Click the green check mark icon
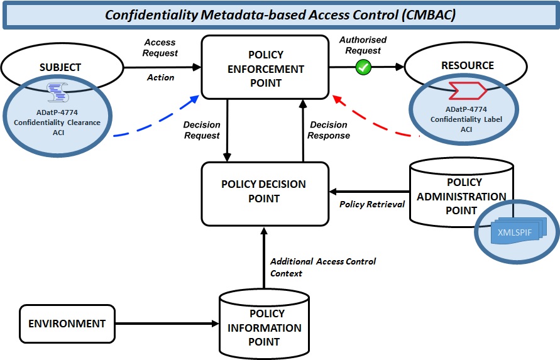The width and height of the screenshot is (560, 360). (364, 67)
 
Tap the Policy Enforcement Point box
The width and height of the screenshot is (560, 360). (265, 68)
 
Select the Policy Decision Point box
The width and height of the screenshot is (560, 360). (264, 192)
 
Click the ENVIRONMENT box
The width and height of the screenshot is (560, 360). (67, 324)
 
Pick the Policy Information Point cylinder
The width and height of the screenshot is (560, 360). (264, 327)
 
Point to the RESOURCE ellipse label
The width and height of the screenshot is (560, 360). (467, 65)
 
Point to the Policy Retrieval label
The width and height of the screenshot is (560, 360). (372, 204)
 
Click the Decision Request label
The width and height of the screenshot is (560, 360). (201, 130)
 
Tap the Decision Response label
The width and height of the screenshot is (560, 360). (329, 130)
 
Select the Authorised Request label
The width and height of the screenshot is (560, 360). (363, 45)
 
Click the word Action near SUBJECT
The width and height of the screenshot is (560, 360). (160, 77)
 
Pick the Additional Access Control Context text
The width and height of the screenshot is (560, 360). (322, 267)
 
